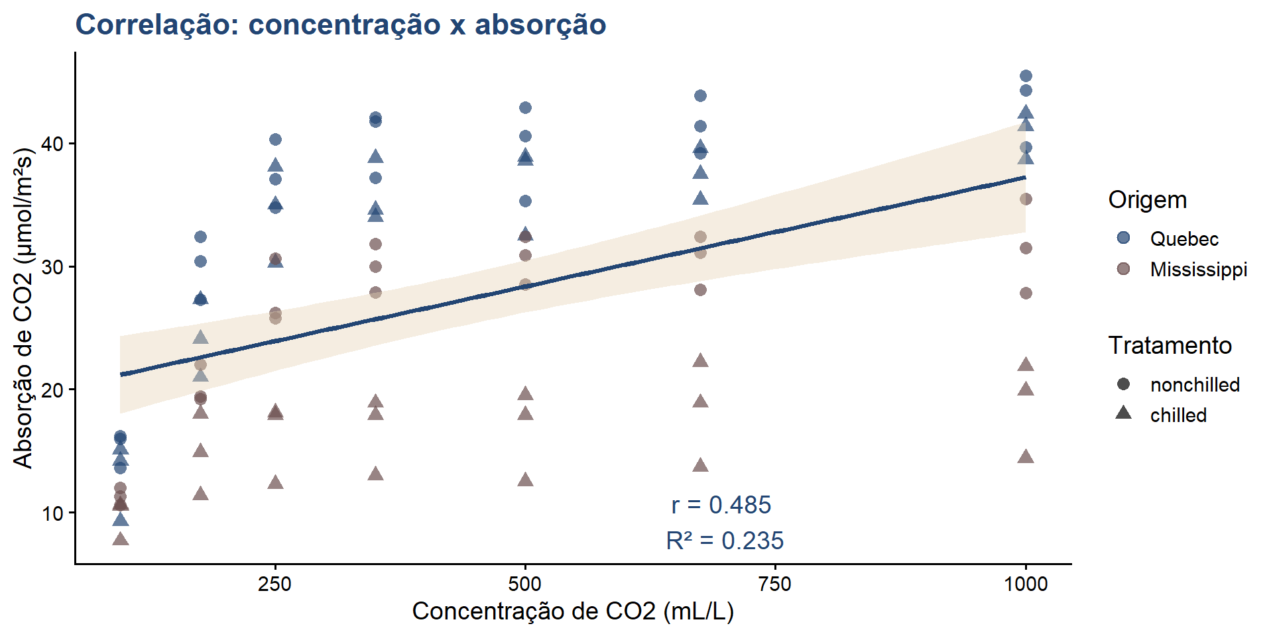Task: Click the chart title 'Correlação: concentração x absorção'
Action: click(x=341, y=25)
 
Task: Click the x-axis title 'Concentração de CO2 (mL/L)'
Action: click(x=573, y=611)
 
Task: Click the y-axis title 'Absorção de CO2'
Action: click(x=23, y=308)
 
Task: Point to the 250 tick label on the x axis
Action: click(x=274, y=584)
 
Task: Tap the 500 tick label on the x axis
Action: click(x=525, y=584)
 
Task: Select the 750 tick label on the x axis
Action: click(x=775, y=584)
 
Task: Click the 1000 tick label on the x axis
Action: click(x=1026, y=584)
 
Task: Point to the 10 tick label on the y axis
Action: click(x=54, y=513)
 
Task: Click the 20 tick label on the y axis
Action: click(x=54, y=390)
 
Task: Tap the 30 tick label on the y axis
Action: click(x=54, y=268)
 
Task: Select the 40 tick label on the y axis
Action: click(x=54, y=144)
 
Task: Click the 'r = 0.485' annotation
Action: click(x=721, y=505)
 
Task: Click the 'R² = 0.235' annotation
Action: click(x=725, y=541)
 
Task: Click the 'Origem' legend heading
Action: click(x=1148, y=199)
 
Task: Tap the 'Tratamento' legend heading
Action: click(x=1170, y=345)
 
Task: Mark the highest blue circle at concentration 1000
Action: click(x=1026, y=76)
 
